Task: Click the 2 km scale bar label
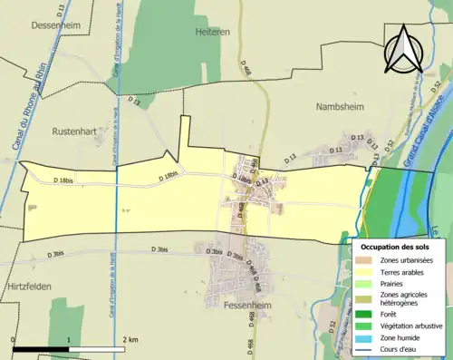click(x=131, y=339)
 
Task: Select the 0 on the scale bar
click(x=14, y=339)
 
